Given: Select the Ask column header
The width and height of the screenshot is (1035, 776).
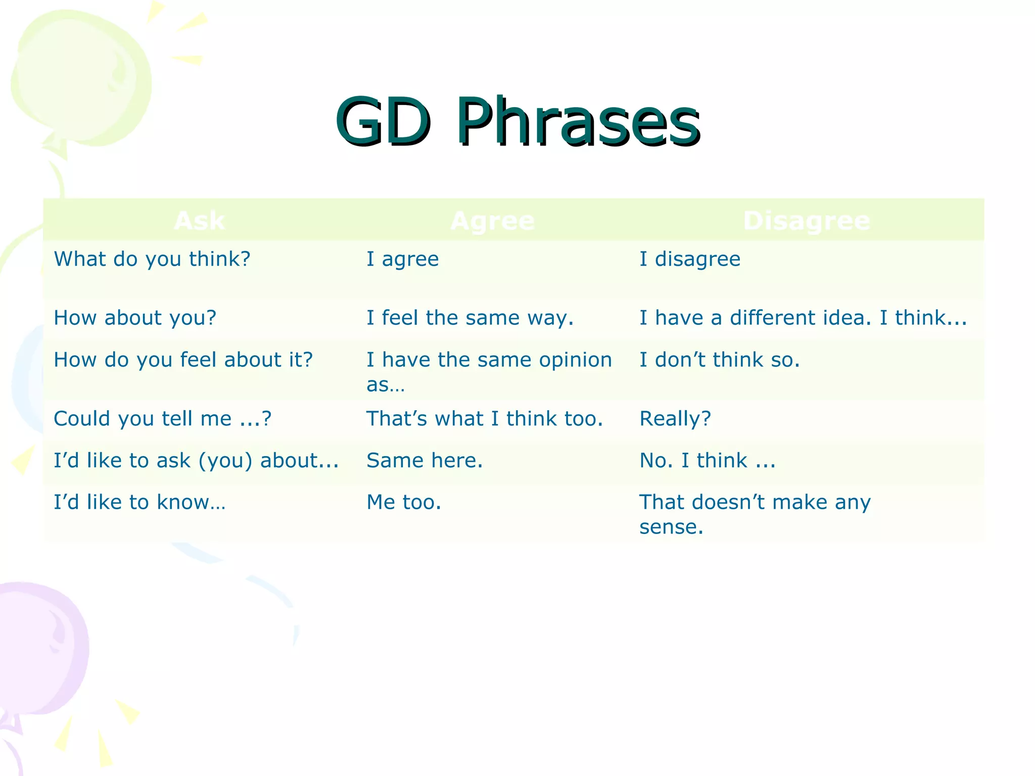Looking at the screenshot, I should tap(200, 221).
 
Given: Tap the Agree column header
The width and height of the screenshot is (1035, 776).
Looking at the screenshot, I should tap(492, 221).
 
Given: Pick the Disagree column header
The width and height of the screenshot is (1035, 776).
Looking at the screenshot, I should tap(807, 221).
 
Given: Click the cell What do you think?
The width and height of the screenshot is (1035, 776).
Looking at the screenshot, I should tap(152, 259).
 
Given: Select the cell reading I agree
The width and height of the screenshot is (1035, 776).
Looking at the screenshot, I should tap(402, 259).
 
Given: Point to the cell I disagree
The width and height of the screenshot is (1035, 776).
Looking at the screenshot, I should tap(690, 259).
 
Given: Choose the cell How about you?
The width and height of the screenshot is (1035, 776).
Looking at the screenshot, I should tap(135, 318).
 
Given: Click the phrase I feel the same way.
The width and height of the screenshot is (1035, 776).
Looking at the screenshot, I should tap(470, 318).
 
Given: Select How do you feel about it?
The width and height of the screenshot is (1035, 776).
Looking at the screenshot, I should tap(183, 360).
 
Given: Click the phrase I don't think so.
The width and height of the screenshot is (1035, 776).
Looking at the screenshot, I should tap(720, 360).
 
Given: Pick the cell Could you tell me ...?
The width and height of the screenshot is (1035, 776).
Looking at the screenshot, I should tap(162, 419).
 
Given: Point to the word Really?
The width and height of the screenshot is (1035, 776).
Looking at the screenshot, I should tap(675, 419).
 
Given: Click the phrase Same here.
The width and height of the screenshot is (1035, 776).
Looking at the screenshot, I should tap(425, 461).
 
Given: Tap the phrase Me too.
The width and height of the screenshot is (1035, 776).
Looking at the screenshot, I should tap(404, 503).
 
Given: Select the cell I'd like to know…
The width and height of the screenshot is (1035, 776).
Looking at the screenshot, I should tap(139, 503).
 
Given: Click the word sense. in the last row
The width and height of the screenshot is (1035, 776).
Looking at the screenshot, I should tap(671, 527).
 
